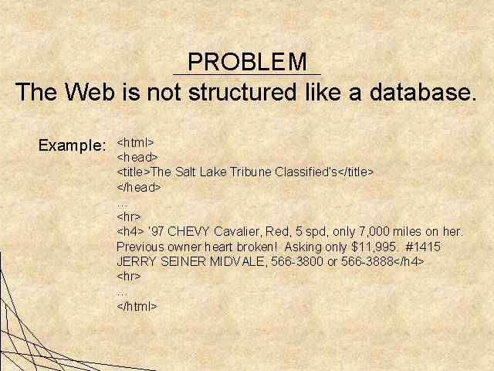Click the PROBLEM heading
247,62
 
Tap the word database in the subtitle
423,92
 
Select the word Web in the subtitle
90,92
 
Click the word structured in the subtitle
242,92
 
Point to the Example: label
72,146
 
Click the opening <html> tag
136,142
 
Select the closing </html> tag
137,306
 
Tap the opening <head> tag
137,157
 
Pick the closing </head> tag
139,187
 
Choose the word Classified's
306,172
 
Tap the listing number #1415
423,247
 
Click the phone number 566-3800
297,261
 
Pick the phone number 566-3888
367,261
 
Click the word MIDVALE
239,261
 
